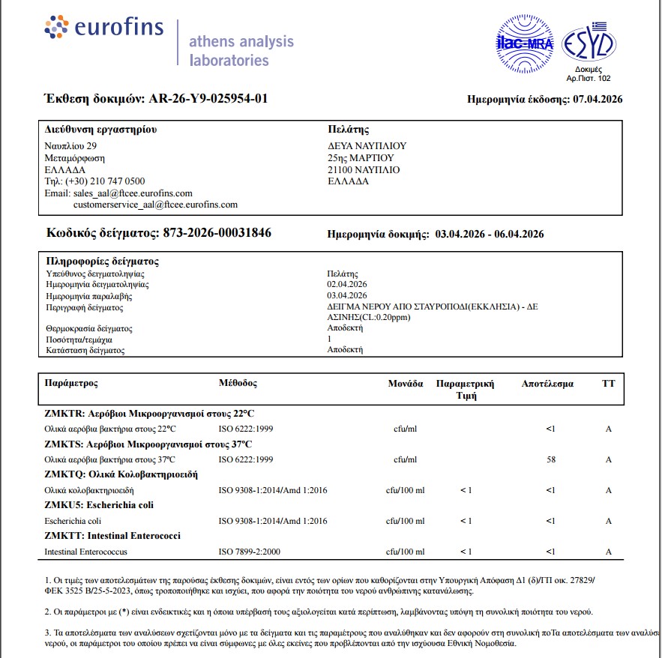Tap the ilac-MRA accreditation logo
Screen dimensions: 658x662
(x=525, y=43)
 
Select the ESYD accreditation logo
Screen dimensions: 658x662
(x=589, y=44)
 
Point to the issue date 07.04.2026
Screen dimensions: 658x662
(x=598, y=99)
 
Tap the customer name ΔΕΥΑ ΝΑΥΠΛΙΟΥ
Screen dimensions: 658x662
(x=367, y=146)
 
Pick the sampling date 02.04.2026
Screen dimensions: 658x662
(x=347, y=285)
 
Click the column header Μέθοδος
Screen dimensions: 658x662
(x=238, y=384)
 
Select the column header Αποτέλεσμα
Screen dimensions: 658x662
(x=547, y=384)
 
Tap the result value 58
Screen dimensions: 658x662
(x=551, y=459)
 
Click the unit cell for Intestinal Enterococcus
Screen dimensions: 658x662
(x=405, y=552)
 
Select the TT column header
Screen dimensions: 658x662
(x=608, y=384)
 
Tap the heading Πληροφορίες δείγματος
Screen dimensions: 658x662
(x=102, y=262)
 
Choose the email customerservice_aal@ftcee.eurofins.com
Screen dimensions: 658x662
(x=155, y=205)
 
